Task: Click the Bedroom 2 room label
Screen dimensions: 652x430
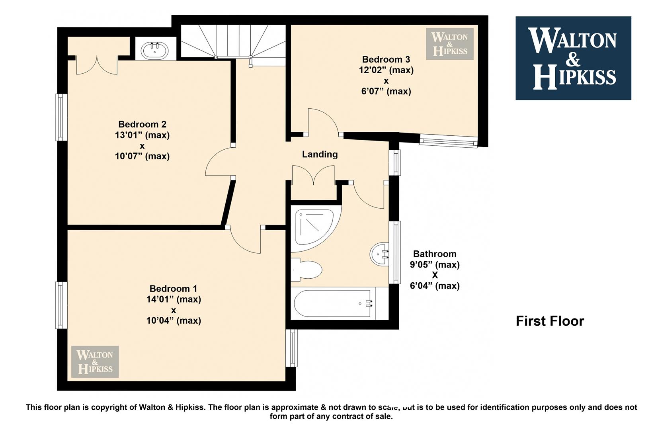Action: (142, 124)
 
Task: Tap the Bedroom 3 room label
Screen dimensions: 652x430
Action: (386, 59)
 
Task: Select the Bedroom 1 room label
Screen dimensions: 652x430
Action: (173, 289)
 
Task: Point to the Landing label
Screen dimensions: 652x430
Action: (320, 154)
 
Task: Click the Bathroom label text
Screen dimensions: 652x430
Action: (435, 254)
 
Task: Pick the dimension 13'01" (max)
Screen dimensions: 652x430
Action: (142, 135)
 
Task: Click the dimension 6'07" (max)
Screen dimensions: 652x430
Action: (386, 92)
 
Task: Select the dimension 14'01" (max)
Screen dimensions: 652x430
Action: (174, 299)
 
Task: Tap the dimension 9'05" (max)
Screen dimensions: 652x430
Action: (435, 265)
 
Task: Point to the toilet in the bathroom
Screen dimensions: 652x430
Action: (306, 270)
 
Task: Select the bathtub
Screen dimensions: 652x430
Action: (340, 303)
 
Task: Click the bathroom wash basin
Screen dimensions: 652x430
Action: (380, 254)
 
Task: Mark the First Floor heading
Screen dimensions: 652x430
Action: (550, 321)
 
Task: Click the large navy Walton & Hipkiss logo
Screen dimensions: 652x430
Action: (574, 58)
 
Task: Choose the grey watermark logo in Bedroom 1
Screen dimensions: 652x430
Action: (95, 362)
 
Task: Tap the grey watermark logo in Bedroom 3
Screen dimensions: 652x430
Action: (450, 44)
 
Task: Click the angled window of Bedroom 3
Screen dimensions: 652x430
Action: (448, 141)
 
